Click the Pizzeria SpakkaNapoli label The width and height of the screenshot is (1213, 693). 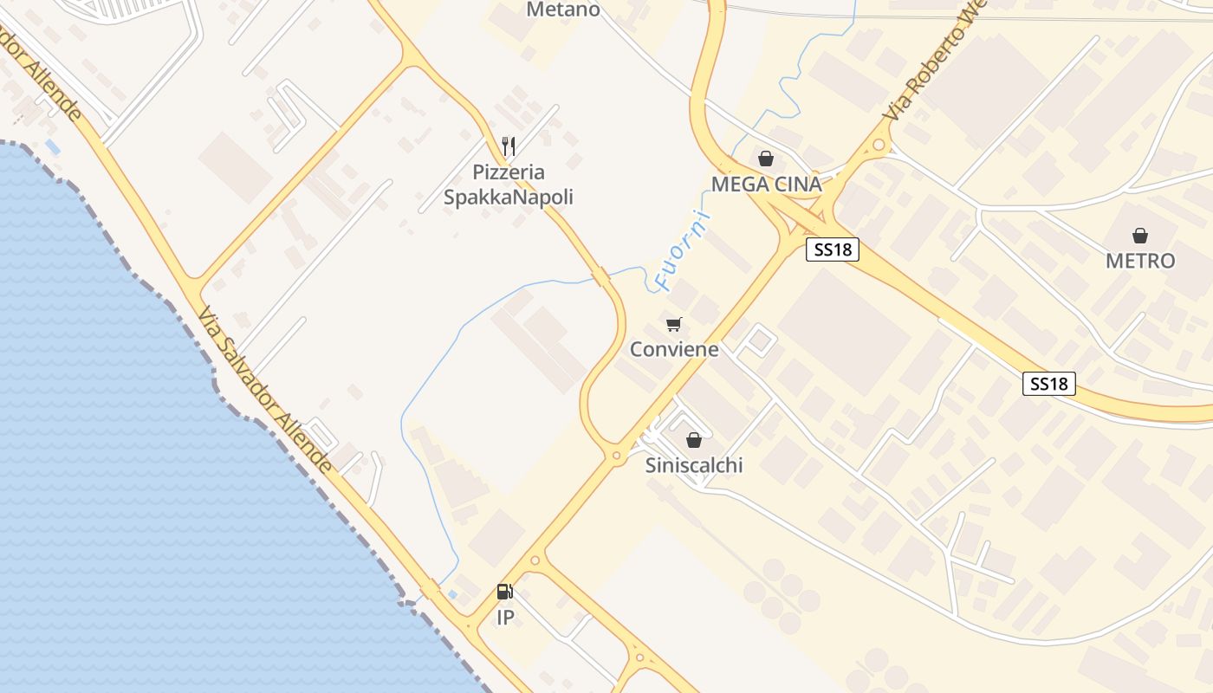coord(509,185)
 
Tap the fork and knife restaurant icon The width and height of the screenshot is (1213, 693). coord(509,146)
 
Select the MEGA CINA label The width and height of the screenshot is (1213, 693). coord(766,184)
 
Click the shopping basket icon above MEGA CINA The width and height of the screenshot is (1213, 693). coord(766,159)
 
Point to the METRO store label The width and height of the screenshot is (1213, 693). coord(1140,261)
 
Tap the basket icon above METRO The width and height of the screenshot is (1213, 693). coord(1140,235)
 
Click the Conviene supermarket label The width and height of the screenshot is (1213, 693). coord(674,349)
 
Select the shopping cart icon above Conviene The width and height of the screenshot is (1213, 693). coord(674,324)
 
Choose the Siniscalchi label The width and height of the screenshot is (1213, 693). coord(694,465)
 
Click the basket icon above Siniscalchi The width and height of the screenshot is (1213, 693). coord(693,440)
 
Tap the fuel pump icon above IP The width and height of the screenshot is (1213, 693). coord(505,592)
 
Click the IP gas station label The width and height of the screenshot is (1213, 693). coord(505,618)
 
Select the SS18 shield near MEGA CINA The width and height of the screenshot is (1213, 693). coord(833,249)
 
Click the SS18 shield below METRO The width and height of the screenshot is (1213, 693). coord(1049,383)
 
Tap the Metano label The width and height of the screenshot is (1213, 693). coord(563,10)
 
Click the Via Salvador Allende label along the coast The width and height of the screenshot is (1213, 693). coord(265,390)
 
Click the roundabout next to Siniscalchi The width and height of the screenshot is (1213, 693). coord(617,454)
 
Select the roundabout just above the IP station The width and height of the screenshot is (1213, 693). coord(535,560)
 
